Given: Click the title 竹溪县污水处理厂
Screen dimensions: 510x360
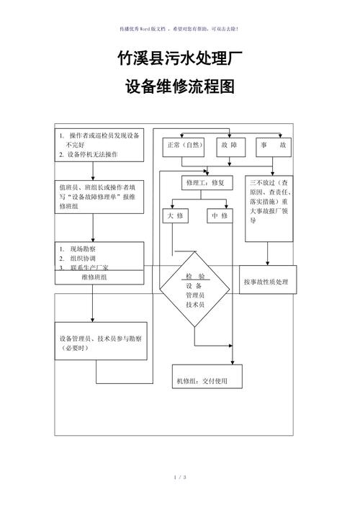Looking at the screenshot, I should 180,59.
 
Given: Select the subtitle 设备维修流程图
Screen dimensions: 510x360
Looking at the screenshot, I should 180,88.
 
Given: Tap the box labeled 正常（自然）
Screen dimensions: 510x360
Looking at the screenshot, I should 184,145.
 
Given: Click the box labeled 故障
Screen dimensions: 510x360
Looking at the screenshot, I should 229,145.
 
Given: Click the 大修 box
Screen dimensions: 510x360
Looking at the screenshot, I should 175,215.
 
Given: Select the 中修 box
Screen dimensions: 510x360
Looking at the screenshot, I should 219,215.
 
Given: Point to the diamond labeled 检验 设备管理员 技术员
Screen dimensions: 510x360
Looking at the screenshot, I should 194,290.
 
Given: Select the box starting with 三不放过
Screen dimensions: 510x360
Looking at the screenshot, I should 269,202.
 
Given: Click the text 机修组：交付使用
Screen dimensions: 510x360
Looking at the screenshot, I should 201,381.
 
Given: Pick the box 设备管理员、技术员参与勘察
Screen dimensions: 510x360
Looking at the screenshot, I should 100,342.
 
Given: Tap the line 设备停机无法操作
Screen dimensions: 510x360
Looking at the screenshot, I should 93,155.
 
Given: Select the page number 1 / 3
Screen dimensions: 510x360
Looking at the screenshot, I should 180,478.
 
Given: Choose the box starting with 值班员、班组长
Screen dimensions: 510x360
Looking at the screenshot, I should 99,196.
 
